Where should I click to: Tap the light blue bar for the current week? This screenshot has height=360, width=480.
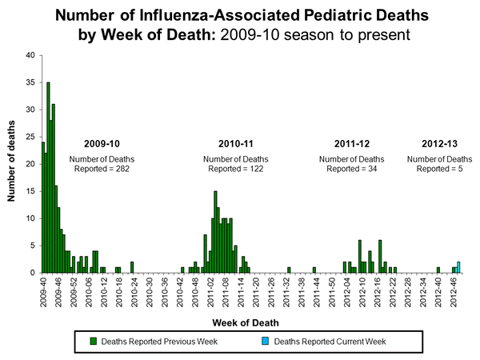tap(458, 267)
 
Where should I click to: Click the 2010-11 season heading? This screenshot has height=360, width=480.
tap(236, 144)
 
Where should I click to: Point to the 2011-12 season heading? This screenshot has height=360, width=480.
tap(353, 144)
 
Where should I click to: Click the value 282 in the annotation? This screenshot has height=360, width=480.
tap(118, 169)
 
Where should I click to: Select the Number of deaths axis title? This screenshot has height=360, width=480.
tap(10, 164)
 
